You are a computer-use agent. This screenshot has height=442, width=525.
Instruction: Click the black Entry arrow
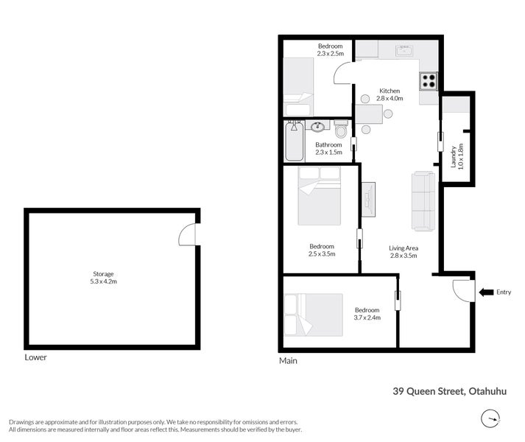coord(486,292)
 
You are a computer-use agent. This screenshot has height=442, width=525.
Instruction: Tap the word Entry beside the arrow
coord(504,292)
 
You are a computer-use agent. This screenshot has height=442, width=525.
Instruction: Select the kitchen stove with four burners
coord(429,80)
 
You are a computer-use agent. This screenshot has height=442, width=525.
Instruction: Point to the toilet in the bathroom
coord(340,130)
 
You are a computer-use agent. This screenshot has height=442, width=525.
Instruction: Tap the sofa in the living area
coord(423,200)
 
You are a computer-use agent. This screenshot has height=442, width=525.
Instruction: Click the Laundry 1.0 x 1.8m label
coord(457,156)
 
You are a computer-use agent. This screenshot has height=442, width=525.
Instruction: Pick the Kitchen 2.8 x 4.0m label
coord(390,94)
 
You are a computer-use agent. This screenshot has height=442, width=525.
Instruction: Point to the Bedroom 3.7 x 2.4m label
coord(367,314)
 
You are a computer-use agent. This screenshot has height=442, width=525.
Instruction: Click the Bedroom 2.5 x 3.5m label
coord(322,250)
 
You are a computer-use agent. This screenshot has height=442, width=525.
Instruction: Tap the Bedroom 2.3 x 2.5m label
coord(331,49)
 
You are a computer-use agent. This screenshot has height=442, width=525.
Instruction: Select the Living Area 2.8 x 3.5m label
coord(404,252)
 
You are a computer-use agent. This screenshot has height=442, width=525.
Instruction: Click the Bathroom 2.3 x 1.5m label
coord(328,148)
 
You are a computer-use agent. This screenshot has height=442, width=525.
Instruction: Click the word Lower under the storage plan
coord(35,357)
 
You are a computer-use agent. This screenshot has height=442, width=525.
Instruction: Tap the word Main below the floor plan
coord(287,360)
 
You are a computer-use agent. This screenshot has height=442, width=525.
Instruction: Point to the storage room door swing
coord(188,236)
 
